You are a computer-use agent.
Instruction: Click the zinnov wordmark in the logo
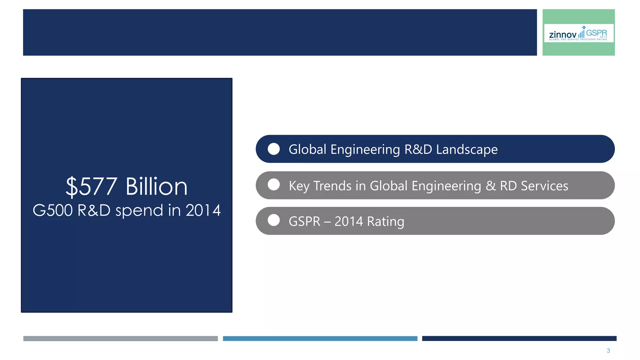click(562, 34)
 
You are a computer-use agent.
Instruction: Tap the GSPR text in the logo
click(596, 33)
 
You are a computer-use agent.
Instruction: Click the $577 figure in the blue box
click(91, 187)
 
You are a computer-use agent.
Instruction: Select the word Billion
click(156, 187)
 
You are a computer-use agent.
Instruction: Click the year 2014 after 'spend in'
click(203, 210)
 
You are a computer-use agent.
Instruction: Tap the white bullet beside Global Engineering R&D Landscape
click(274, 149)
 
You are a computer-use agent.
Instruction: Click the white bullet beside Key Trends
click(274, 185)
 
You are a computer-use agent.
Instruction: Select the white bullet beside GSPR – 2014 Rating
click(274, 220)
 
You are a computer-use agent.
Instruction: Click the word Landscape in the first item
click(467, 150)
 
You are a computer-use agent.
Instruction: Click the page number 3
click(608, 351)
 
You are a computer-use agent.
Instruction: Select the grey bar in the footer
click(120, 338)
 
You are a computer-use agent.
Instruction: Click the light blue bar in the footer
click(320, 338)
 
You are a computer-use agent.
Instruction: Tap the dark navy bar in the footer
click(519, 338)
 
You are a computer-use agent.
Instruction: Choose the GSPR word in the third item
click(304, 222)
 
